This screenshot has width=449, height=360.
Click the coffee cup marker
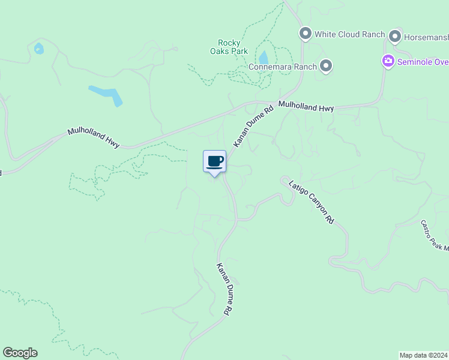click(215, 161)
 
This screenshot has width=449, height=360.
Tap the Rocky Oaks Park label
click(229, 47)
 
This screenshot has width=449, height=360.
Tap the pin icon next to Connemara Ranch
click(326, 66)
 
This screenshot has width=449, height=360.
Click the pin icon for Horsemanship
click(395, 37)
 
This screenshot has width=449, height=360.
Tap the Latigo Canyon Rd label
click(311, 202)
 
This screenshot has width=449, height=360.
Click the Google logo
click(20, 353)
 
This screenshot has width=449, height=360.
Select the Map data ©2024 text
click(423, 355)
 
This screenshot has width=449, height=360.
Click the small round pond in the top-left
click(39, 49)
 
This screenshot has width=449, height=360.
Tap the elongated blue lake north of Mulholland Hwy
click(106, 95)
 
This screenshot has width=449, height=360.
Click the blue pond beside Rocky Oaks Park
click(263, 58)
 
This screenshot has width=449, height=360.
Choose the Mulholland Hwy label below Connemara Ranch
click(306, 107)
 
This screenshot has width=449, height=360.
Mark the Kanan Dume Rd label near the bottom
click(223, 289)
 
